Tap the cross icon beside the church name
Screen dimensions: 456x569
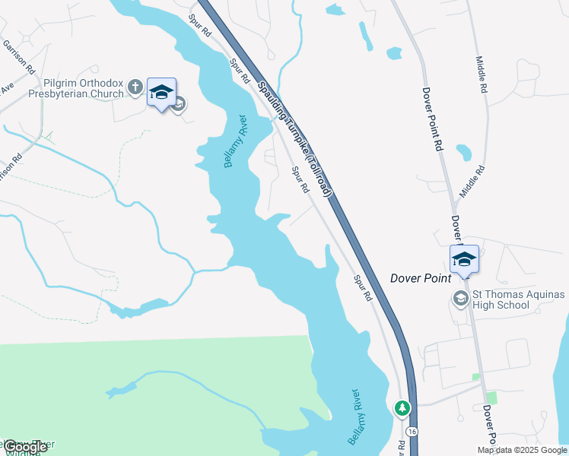[135, 87]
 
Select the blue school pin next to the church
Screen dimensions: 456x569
[161, 93]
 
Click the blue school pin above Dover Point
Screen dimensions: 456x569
[463, 260]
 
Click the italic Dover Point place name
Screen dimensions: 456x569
[421, 278]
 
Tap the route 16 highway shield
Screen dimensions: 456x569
[412, 431]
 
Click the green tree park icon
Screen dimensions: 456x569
[402, 409]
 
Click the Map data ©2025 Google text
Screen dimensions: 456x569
[522, 450]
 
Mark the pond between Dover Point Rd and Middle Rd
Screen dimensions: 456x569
[463, 152]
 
